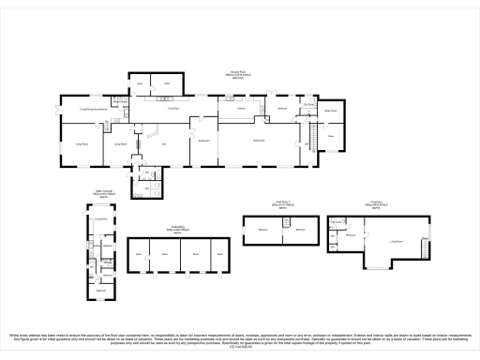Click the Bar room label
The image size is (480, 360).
pos(164,143)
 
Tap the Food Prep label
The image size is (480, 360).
pos(173,110)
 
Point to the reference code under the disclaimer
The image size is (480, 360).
pos(240,347)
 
